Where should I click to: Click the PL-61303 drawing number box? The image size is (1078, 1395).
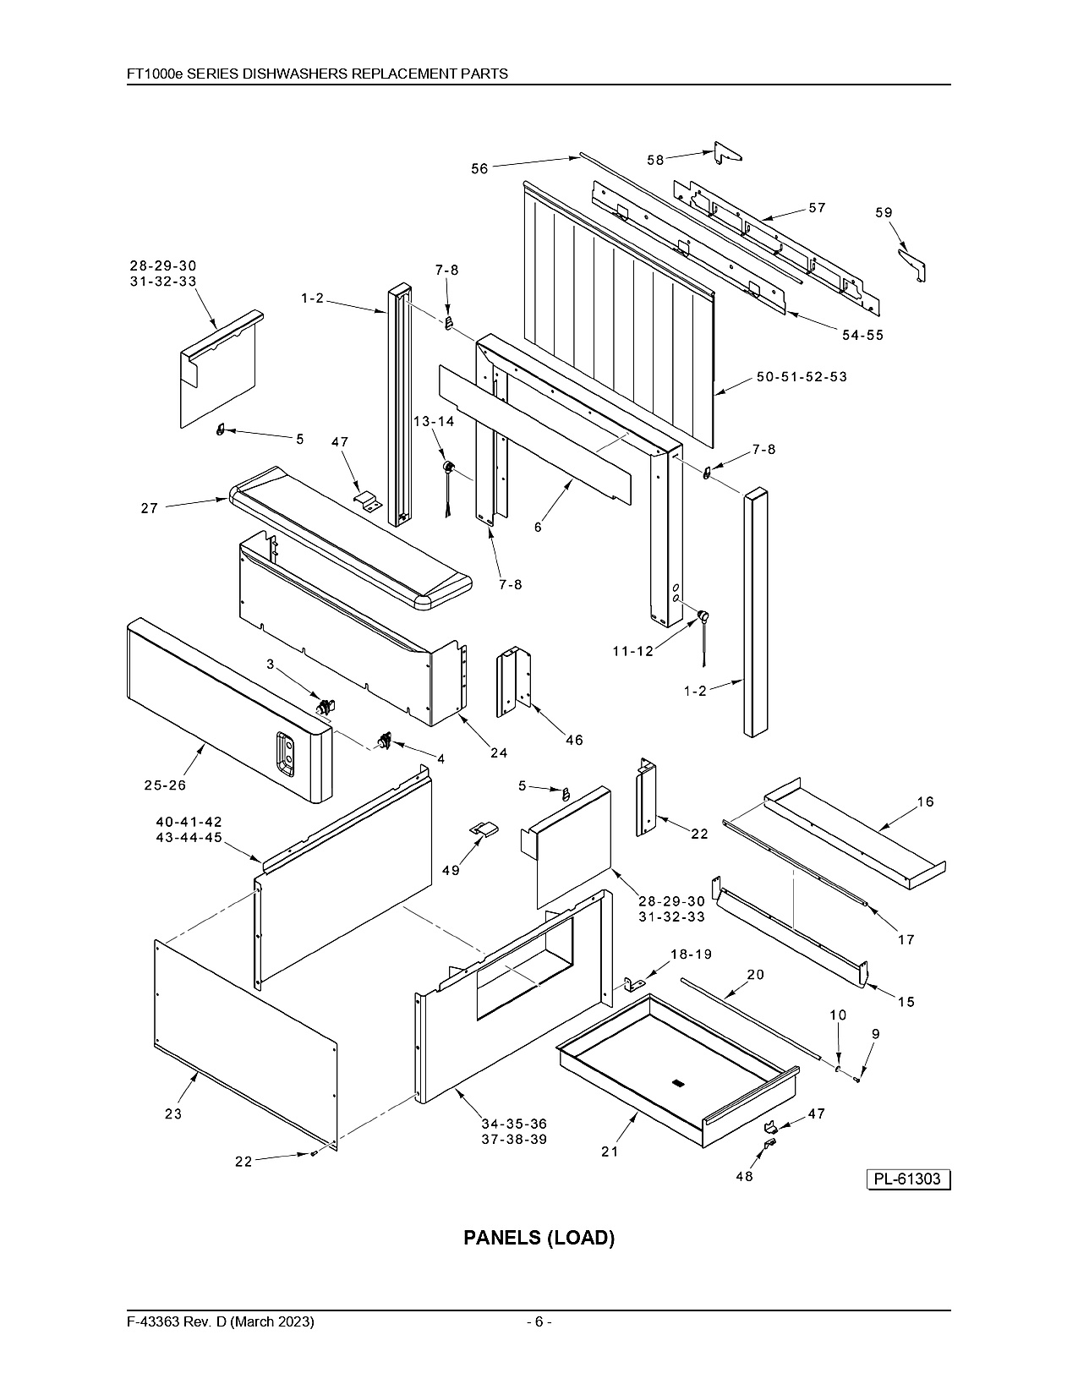click(908, 1179)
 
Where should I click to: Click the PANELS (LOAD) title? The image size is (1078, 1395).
click(539, 1237)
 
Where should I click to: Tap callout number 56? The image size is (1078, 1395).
click(479, 169)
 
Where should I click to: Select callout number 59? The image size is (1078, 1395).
click(884, 212)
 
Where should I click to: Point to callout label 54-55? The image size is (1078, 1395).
click(863, 335)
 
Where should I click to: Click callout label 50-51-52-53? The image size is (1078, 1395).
click(802, 377)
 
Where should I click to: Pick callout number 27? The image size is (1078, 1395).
click(150, 508)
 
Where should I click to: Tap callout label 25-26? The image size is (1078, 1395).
click(166, 785)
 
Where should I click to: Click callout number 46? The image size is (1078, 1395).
click(575, 740)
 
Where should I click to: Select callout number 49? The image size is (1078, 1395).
click(451, 871)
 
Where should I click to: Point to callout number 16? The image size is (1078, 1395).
click(926, 801)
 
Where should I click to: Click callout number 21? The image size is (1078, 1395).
click(610, 1152)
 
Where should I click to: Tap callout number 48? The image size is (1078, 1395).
click(745, 1177)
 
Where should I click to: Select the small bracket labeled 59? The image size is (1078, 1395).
click(912, 265)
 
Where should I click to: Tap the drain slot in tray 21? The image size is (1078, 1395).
click(676, 1083)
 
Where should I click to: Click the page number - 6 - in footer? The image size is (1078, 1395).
click(539, 1321)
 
